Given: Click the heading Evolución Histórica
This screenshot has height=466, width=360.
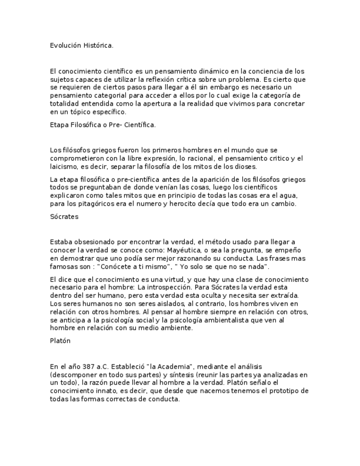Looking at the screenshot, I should click(x=81, y=45).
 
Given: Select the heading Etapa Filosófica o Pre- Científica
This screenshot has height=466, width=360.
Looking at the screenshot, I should click(x=103, y=125).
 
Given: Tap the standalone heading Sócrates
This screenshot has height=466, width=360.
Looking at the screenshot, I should click(x=64, y=217).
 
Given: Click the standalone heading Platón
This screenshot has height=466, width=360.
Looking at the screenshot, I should click(x=60, y=341).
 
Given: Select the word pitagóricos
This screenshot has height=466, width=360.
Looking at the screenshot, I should click(x=93, y=204).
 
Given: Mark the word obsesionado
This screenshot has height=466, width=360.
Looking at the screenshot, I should click(x=91, y=242).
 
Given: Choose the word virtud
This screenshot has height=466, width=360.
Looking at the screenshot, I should click(x=173, y=279).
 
